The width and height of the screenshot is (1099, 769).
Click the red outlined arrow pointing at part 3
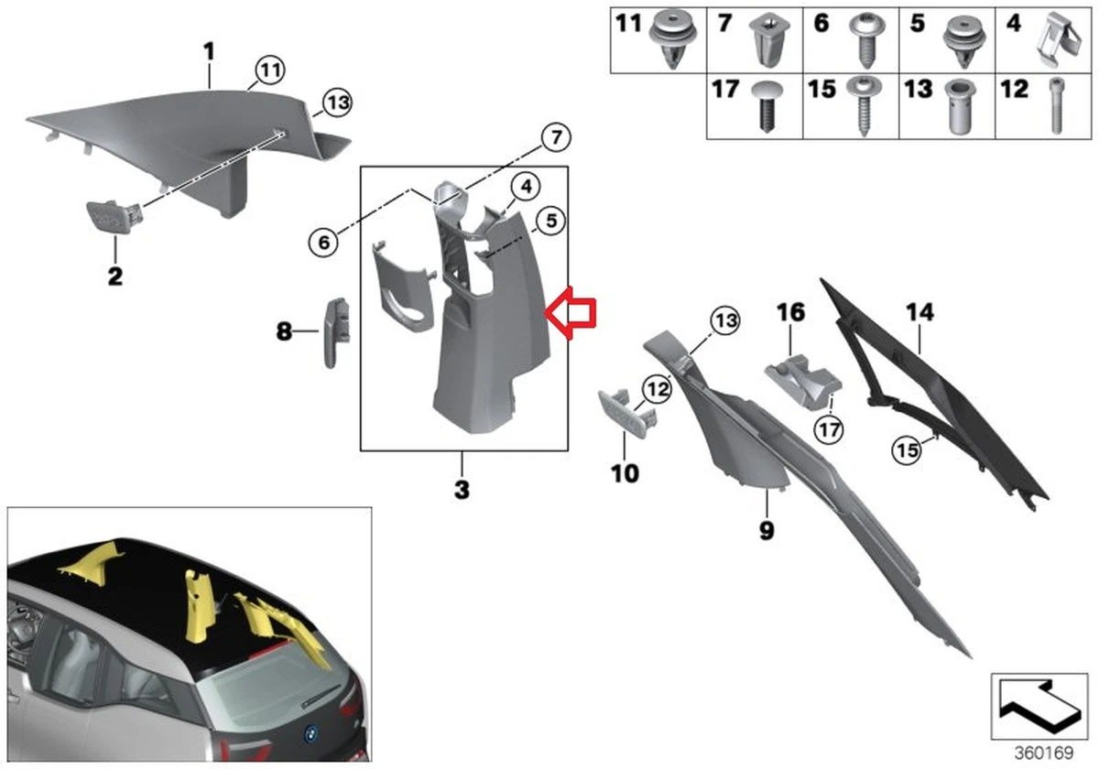click(571, 311)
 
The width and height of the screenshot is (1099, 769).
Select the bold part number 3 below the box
click(462, 490)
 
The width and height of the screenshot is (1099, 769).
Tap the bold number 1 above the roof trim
click(209, 51)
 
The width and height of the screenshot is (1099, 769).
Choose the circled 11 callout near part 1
click(269, 70)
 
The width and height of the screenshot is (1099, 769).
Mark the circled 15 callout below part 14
click(907, 449)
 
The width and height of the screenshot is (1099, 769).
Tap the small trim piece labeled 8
click(335, 330)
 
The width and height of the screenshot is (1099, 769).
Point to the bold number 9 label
click(766, 529)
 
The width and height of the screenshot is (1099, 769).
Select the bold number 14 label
click(919, 312)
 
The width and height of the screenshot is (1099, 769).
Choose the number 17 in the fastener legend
click(725, 91)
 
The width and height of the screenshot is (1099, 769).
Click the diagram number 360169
click(1035, 748)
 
